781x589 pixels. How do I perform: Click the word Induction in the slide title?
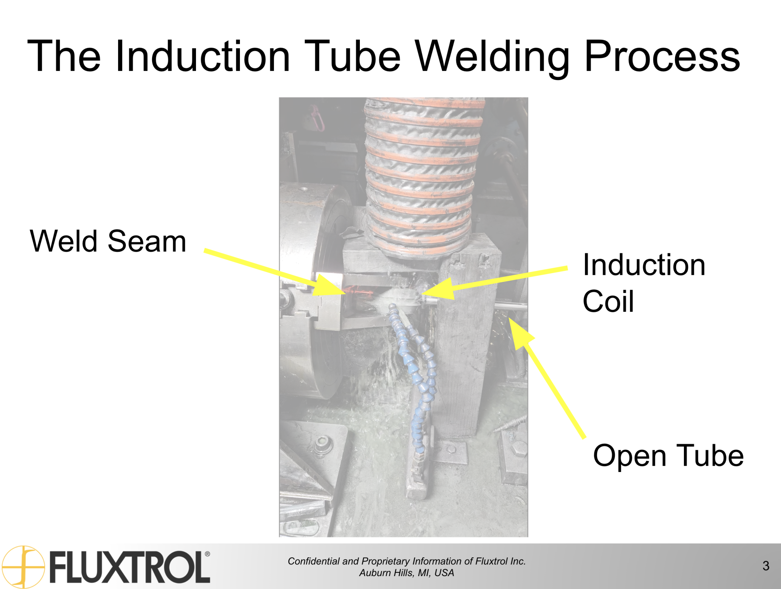203,56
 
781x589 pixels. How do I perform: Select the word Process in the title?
662,56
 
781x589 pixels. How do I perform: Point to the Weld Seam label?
108,241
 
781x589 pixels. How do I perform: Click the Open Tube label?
668,456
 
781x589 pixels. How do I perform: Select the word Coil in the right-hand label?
608,301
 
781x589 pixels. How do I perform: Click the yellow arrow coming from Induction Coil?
495,283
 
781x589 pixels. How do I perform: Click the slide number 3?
766,566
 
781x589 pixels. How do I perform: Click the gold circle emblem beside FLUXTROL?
24,567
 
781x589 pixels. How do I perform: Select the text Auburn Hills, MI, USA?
406,572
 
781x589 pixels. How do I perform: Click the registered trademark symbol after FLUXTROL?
207,554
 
